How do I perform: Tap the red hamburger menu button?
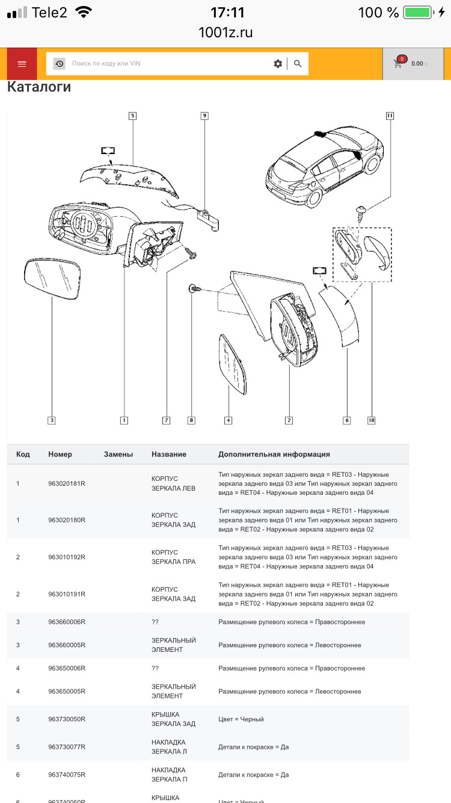point(22,64)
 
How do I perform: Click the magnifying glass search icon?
point(298,63)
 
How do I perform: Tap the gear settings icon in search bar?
point(278,63)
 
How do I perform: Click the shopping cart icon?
point(398,63)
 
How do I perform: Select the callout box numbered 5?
point(132,116)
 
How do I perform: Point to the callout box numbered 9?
point(204,116)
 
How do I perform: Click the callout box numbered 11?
point(390,116)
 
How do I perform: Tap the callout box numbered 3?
point(52,420)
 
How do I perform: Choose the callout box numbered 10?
point(371,420)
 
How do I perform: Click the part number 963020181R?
point(67,483)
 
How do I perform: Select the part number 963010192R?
point(67,557)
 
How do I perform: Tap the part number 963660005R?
point(67,645)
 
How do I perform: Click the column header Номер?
point(60,454)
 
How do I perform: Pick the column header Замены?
point(118,454)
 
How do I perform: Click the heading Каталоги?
point(39,87)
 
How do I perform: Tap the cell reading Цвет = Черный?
point(241,719)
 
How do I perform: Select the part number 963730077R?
point(67,746)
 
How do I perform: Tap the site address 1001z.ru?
point(226,33)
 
